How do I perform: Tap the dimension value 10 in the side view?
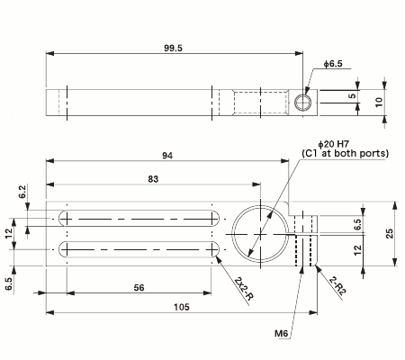click(x=378, y=102)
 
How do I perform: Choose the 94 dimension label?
click(x=167, y=156)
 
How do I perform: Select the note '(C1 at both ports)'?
click(x=346, y=154)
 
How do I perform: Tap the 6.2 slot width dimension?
click(x=22, y=192)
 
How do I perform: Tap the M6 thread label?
click(x=281, y=333)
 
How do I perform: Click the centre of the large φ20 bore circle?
click(x=261, y=232)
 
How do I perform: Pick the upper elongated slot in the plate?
click(x=139, y=219)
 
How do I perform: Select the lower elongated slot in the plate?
click(x=139, y=248)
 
